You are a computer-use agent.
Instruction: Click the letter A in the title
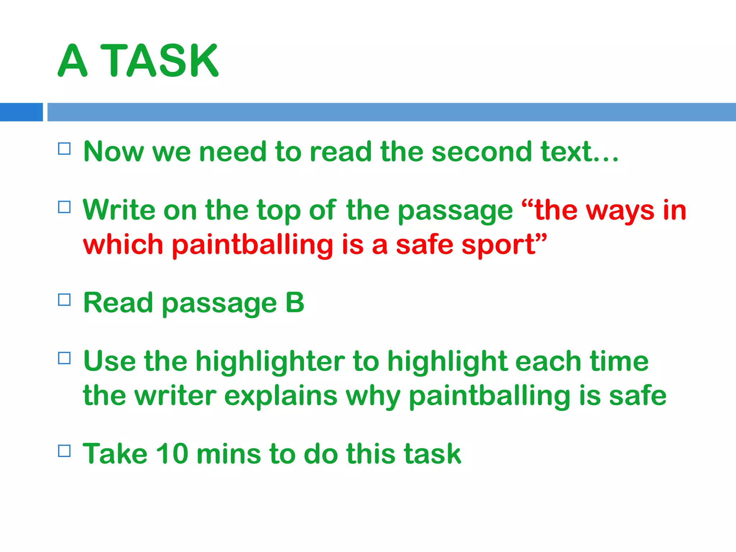click(73, 60)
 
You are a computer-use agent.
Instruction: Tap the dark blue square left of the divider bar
click(21, 112)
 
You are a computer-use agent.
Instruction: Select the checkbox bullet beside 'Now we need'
click(64, 148)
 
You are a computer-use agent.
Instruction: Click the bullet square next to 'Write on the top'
click(64, 207)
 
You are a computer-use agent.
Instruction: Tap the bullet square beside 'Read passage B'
click(64, 300)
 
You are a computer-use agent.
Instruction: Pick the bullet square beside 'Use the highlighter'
click(64, 358)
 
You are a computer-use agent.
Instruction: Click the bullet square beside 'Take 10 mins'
click(64, 451)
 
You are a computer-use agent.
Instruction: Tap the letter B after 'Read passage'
click(295, 303)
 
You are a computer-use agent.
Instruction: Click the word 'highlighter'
click(270, 362)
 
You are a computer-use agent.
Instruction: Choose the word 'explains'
click(281, 396)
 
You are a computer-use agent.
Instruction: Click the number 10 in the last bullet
click(172, 454)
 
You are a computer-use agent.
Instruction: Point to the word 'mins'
click(229, 454)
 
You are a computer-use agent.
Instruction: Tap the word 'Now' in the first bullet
click(114, 152)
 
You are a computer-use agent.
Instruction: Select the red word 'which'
click(123, 244)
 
